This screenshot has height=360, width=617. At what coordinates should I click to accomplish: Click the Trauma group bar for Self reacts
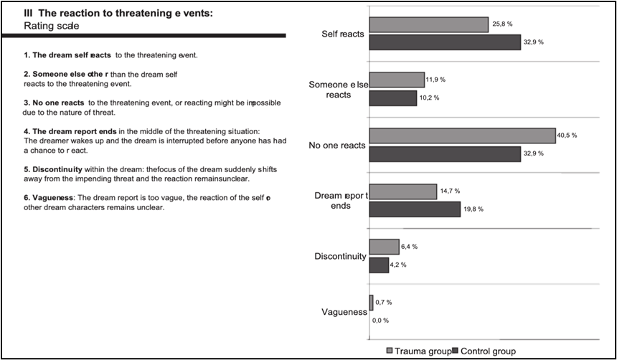[428, 25]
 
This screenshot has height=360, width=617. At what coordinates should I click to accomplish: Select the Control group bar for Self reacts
[444, 42]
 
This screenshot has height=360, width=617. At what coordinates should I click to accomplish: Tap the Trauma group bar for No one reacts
[462, 136]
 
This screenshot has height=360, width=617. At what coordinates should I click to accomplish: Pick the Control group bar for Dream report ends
[414, 209]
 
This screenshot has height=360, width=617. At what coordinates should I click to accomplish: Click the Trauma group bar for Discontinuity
[384, 247]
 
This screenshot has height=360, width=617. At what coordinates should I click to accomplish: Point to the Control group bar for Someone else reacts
[392, 98]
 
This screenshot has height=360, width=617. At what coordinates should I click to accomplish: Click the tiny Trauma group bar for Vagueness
[371, 303]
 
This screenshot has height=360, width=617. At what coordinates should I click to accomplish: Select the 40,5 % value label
[568, 135]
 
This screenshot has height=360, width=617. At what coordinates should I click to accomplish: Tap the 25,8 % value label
[501, 24]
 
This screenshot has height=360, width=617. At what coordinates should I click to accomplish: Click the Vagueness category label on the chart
[344, 312]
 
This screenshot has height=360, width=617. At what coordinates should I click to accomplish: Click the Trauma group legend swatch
[390, 351]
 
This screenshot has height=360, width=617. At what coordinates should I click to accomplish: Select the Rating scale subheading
[51, 26]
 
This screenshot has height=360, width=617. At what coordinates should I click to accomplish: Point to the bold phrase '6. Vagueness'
[50, 197]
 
